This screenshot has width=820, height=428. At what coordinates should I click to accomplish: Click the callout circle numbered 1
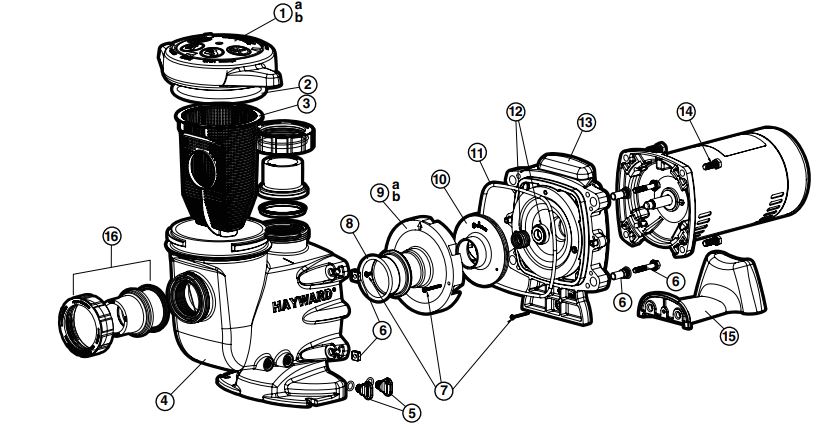[283, 13]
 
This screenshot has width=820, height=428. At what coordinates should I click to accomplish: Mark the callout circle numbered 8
[349, 226]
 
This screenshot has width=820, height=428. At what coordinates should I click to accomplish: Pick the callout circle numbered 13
[586, 122]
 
